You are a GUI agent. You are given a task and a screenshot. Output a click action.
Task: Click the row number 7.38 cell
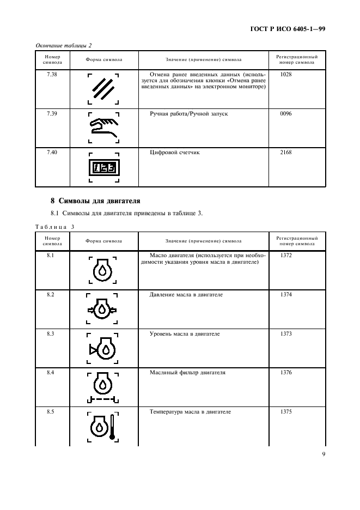tap(52, 74)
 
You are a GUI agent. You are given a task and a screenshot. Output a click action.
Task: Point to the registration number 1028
tap(285, 74)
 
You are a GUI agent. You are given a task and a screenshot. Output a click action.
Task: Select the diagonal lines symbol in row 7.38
tap(103, 88)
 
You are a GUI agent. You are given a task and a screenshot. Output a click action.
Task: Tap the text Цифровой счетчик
tap(174, 153)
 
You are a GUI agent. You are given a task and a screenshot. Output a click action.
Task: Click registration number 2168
tap(285, 153)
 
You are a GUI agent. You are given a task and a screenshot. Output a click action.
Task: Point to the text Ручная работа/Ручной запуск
tap(188, 114)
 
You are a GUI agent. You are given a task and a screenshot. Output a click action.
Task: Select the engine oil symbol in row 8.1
tap(103, 269)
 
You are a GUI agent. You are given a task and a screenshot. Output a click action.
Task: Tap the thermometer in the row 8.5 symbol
tap(112, 427)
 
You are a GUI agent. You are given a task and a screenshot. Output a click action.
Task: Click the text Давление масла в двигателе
tap(186, 295)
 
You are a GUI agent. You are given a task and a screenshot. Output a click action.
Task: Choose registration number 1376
tap(286, 373)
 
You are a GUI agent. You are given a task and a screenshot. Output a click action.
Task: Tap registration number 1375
tap(286, 412)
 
